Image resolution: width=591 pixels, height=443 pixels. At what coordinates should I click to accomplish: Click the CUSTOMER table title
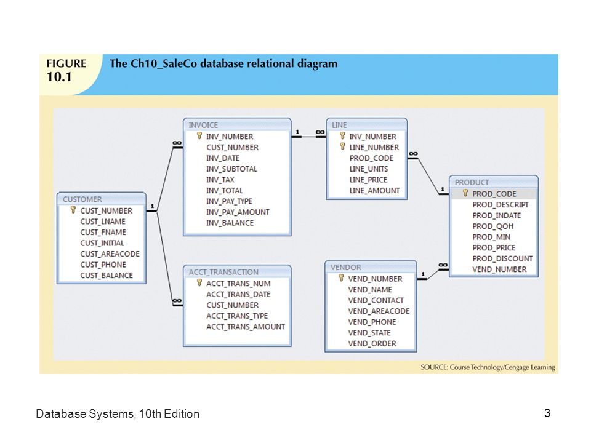click(x=82, y=199)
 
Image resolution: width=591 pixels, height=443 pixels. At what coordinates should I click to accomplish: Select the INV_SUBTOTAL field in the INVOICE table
click(x=231, y=169)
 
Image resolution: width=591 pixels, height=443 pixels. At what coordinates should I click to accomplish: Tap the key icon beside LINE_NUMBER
click(x=342, y=146)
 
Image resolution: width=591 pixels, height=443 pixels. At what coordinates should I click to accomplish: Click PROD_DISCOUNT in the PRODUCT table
click(x=502, y=258)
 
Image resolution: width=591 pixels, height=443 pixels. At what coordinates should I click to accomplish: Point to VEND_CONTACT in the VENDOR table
click(x=376, y=300)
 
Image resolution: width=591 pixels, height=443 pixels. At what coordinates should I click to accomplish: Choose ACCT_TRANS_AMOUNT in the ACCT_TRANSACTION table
click(x=246, y=327)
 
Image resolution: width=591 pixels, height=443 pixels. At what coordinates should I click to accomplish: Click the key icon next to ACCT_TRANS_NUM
click(x=199, y=282)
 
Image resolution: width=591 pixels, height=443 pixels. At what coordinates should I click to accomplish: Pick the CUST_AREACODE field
click(x=110, y=254)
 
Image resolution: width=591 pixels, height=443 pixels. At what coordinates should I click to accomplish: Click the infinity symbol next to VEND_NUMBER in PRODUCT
click(x=443, y=265)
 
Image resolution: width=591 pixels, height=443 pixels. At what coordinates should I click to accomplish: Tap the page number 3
click(x=547, y=413)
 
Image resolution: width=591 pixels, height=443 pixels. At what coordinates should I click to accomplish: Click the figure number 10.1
click(x=59, y=76)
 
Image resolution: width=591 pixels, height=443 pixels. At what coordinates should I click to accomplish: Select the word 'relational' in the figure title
click(x=270, y=63)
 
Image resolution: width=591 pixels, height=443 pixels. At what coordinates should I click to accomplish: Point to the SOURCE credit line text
click(x=488, y=367)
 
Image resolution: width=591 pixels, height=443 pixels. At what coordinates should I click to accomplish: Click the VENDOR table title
click(x=345, y=267)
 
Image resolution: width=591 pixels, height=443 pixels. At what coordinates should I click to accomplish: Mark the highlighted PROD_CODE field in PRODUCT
click(x=494, y=194)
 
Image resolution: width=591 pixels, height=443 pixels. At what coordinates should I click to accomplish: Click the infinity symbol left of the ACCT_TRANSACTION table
click(x=177, y=301)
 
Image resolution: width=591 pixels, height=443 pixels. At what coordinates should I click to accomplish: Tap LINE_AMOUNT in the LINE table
click(x=374, y=190)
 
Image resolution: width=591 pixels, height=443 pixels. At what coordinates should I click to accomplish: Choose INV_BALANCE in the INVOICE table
click(x=230, y=223)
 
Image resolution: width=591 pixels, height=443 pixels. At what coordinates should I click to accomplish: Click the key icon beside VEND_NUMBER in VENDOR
click(x=341, y=277)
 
